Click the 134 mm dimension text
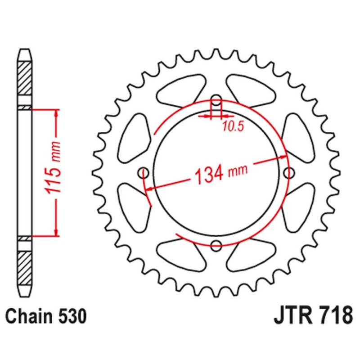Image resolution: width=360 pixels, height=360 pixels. pyautogui.click(x=220, y=172)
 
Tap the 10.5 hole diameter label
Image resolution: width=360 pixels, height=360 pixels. pyautogui.click(x=232, y=127)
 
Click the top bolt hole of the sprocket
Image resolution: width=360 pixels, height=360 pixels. pyautogui.click(x=216, y=99)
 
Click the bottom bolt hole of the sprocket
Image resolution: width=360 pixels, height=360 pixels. pyautogui.click(x=216, y=245)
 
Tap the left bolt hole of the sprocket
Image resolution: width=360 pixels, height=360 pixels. pyautogui.click(x=144, y=172)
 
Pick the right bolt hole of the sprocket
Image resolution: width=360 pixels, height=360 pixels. pyautogui.click(x=289, y=172)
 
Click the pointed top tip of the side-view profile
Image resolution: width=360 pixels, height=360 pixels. pyautogui.click(x=25, y=49)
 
